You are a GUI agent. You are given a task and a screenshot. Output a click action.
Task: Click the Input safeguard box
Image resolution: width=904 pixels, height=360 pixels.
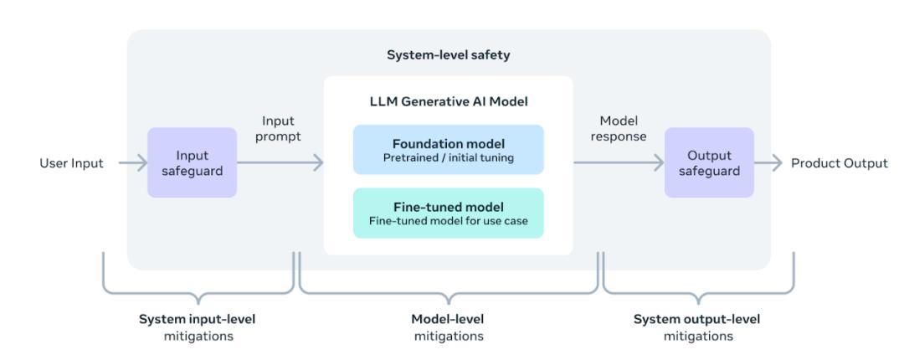tap(192, 162)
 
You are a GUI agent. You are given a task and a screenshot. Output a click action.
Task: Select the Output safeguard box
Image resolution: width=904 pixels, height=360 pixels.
tap(709, 162)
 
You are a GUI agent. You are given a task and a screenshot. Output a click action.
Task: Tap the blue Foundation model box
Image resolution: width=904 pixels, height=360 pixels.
tap(448, 149)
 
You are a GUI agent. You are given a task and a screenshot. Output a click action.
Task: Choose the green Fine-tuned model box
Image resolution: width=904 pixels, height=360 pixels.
tap(448, 213)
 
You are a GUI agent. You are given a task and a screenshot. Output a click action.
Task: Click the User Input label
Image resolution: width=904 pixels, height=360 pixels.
tap(72, 163)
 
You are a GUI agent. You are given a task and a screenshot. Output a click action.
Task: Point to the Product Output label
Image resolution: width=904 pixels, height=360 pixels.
tap(840, 163)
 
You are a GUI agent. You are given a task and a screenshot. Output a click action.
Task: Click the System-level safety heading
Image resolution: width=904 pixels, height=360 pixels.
tap(448, 54)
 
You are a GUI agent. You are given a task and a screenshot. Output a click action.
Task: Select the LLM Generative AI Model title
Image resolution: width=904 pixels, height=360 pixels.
tap(448, 102)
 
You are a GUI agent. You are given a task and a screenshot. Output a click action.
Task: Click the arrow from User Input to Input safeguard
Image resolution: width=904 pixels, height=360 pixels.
tap(131, 163)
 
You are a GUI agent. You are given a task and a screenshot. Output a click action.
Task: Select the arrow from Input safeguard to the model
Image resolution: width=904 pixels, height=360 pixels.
tap(280, 163)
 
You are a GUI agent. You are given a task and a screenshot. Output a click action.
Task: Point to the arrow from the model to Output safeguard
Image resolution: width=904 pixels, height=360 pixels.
tap(618, 163)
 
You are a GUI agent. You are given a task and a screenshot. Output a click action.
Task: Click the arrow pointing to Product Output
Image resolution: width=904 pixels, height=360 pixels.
tap(769, 163)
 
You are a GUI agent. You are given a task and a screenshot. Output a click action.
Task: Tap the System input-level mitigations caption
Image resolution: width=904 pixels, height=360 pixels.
tap(198, 327)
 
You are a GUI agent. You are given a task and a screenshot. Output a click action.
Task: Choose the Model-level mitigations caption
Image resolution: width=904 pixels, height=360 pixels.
tap(448, 327)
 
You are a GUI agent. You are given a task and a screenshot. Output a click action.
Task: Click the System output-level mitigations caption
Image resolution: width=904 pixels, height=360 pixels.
tap(697, 327)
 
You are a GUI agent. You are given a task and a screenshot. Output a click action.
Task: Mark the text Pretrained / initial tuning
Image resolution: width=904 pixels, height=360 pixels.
tap(448, 157)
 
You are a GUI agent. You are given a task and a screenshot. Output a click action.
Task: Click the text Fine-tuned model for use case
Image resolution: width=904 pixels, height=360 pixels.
tap(448, 221)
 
